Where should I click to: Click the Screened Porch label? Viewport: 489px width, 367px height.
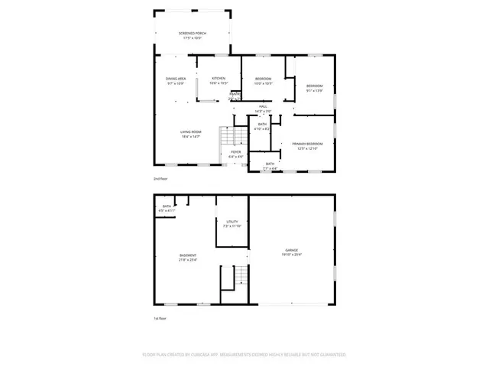click(193, 34)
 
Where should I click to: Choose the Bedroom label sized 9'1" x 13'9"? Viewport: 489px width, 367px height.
click(315, 86)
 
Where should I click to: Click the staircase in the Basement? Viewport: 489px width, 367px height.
click(239, 276)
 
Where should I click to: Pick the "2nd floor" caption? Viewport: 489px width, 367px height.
click(160, 178)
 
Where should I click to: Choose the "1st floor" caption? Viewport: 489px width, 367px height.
click(160, 318)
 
